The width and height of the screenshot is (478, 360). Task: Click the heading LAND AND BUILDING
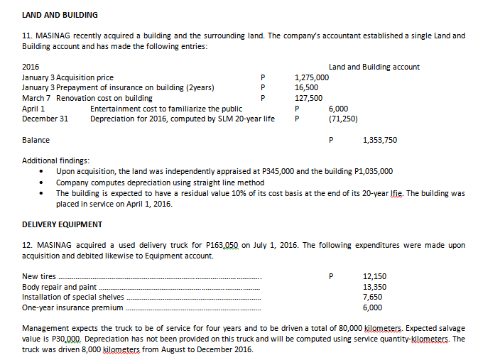(60, 15)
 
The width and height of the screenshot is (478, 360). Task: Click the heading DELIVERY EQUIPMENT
(63, 224)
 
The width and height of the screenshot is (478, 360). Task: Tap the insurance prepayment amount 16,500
(307, 88)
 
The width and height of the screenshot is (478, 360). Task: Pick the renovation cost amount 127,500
(308, 98)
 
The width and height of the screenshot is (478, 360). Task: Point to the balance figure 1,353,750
(380, 140)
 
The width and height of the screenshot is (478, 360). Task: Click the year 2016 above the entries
(31, 67)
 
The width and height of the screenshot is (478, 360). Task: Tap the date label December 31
(45, 119)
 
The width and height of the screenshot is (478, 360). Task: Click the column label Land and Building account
(374, 67)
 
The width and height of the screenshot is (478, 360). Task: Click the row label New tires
(39, 276)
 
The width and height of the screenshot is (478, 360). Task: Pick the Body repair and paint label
(60, 287)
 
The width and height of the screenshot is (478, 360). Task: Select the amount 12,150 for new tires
(374, 276)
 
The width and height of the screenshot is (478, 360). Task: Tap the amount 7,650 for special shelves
(373, 297)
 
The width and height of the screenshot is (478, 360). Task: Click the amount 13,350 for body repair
(374, 287)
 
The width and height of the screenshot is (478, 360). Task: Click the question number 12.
(28, 245)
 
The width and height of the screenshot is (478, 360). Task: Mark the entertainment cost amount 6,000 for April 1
(338, 109)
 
